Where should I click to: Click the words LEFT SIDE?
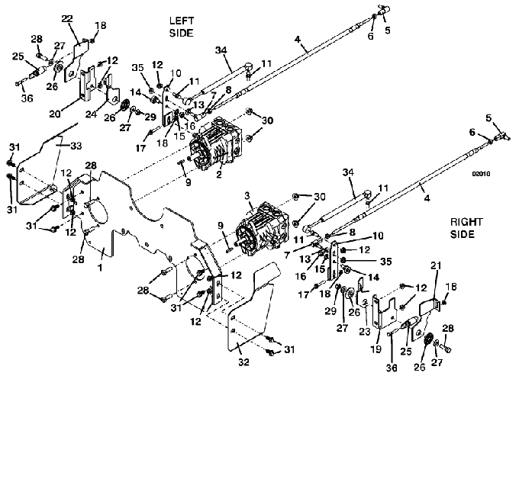pyautogui.click(x=182, y=27)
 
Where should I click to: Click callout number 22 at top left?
pyautogui.click(x=66, y=18)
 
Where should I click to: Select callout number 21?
pyautogui.click(x=436, y=285)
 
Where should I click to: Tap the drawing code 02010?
pyautogui.click(x=481, y=174)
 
